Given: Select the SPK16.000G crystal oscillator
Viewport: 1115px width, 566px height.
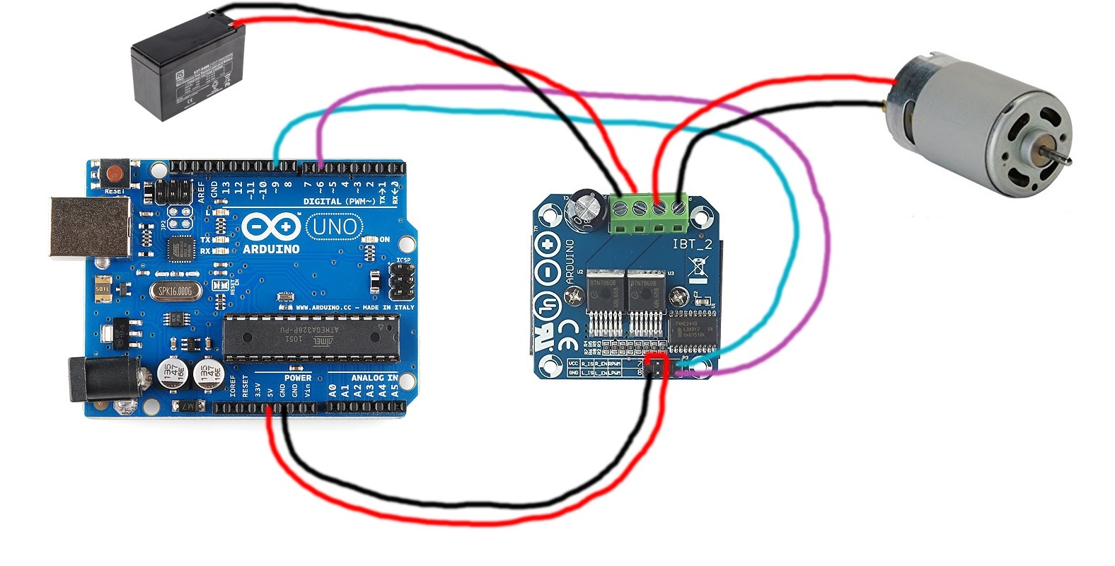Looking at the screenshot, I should tap(175, 291).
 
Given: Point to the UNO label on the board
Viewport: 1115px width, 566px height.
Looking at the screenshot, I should tap(335, 226).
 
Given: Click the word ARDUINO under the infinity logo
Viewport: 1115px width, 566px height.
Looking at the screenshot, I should tap(271, 249).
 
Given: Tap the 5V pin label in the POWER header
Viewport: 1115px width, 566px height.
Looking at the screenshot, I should tap(270, 390).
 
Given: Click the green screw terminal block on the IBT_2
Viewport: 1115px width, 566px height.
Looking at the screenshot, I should tap(649, 214).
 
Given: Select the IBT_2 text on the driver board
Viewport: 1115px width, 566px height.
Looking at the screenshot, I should tap(692, 245).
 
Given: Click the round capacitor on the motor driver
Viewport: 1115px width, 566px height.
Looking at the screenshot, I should tap(589, 207).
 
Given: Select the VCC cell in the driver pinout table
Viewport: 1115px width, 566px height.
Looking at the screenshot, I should tap(573, 363).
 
